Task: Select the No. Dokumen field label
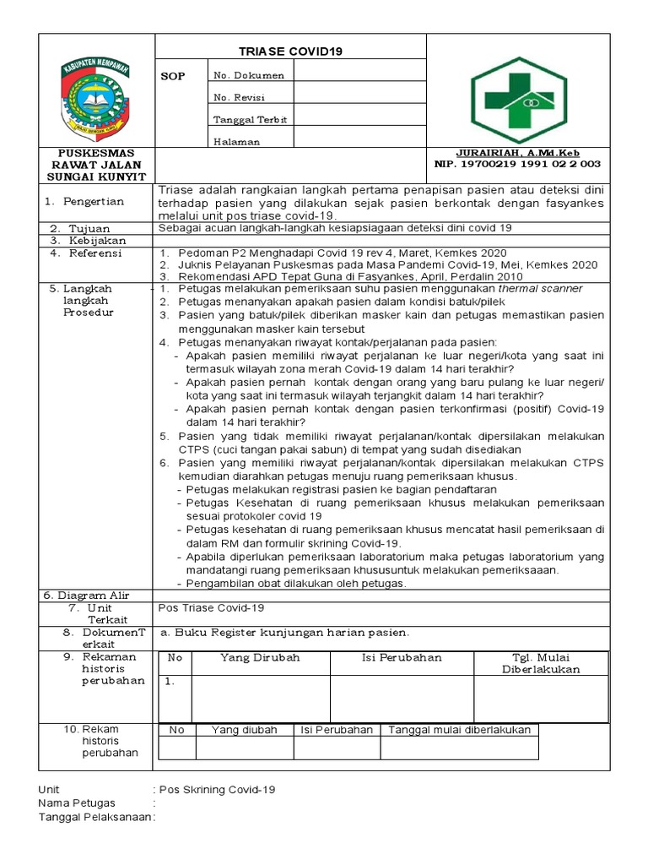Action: click(x=249, y=75)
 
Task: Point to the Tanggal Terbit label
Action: click(x=251, y=120)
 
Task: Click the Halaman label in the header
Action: click(x=236, y=142)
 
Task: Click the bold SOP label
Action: click(x=171, y=75)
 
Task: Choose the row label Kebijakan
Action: click(x=94, y=241)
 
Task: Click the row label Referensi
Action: click(x=95, y=253)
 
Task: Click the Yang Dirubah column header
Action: click(x=260, y=657)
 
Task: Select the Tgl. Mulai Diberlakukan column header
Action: click(x=541, y=663)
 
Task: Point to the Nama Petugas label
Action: click(x=77, y=803)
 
